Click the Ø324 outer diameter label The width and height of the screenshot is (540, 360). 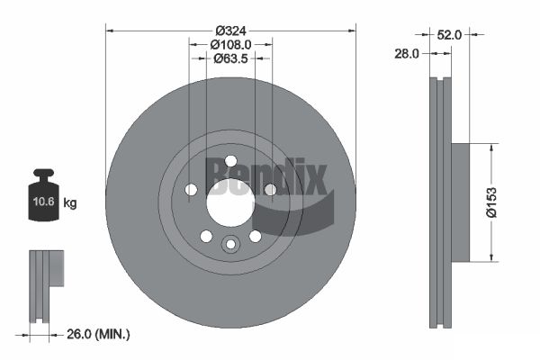[230, 31]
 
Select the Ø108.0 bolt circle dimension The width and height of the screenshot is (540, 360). [230, 45]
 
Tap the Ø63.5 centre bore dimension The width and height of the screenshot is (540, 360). [230, 58]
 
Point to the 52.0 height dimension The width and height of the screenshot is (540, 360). [449, 35]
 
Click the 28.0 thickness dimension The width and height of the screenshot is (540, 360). [407, 54]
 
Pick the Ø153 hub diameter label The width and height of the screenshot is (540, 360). [491, 202]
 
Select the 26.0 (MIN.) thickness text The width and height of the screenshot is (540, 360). [98, 334]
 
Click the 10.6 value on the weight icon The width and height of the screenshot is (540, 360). [44, 202]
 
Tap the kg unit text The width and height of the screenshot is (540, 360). [70, 202]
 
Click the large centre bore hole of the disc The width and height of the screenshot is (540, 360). [230, 202]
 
